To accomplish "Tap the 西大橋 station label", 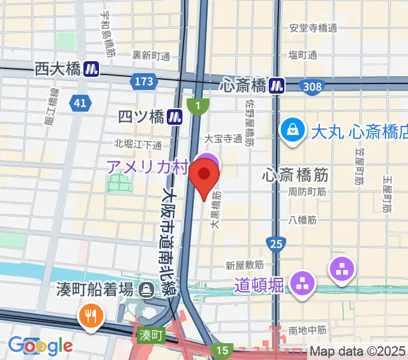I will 58,69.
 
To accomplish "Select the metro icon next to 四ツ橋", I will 175,116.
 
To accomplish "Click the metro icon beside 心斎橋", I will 277,86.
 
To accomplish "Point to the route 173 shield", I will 144,80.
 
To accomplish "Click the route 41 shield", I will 80,103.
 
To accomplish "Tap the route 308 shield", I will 311,87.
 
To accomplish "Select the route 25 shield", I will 276,243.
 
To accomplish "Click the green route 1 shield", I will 196,106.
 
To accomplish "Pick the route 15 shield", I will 223,350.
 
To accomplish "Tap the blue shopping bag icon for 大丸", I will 292,130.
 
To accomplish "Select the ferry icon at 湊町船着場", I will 146,290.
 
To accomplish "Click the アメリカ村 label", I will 148,166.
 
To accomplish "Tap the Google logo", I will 40,346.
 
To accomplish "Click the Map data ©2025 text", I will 358,352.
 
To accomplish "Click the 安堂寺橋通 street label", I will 313,28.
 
